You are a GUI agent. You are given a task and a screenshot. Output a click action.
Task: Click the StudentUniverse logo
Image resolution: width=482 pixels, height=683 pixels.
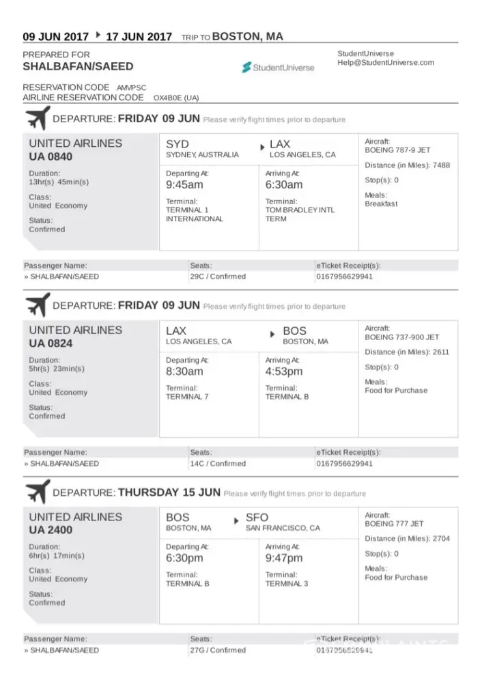pyautogui.click(x=278, y=67)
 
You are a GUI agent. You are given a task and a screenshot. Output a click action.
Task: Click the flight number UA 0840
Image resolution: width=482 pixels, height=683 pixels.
pyautogui.click(x=51, y=156)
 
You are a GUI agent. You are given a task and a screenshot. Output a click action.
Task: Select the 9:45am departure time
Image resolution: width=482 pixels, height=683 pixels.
pyautogui.click(x=184, y=185)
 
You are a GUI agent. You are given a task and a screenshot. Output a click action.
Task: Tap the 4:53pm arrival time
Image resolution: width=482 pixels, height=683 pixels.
pyautogui.click(x=284, y=372)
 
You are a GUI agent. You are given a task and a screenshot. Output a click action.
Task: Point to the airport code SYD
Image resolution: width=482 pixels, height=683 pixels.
pyautogui.click(x=178, y=144)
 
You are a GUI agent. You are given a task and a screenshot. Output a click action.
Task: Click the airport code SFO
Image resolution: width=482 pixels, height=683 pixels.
pyautogui.click(x=257, y=518)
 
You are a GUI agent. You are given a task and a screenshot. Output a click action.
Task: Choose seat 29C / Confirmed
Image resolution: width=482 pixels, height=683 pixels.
pyautogui.click(x=218, y=277)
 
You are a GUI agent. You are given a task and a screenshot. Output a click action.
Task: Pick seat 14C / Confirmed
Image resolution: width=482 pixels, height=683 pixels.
pyautogui.click(x=218, y=463)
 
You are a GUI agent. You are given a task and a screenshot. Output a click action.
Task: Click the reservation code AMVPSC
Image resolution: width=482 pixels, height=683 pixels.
pyautogui.click(x=131, y=88)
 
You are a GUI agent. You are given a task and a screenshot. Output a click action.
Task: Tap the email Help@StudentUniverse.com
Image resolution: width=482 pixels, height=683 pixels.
pyautogui.click(x=386, y=63)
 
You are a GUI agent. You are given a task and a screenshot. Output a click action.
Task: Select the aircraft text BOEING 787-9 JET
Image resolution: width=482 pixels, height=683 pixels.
pyautogui.click(x=397, y=150)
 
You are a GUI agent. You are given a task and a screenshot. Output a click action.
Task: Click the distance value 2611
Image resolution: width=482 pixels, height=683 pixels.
pyautogui.click(x=441, y=352)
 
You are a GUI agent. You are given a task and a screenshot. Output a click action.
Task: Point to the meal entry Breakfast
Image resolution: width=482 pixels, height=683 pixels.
pyautogui.click(x=381, y=204)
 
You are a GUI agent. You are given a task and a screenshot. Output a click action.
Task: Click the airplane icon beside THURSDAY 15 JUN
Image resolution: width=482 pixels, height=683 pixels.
pyautogui.click(x=38, y=492)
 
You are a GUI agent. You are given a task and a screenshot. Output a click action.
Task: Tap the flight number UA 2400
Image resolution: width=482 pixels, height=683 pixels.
pyautogui.click(x=51, y=530)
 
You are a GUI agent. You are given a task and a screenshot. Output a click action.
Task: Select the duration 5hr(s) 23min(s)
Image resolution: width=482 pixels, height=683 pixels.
pyautogui.click(x=57, y=369)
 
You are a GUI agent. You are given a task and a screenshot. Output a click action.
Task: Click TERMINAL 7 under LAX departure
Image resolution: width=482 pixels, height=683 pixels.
pyautogui.click(x=188, y=397)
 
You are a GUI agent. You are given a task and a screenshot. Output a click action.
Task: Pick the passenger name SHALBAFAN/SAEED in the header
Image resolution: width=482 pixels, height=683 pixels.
pyautogui.click(x=78, y=67)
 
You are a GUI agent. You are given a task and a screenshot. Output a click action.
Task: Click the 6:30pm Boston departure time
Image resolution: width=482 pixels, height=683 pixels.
pyautogui.click(x=184, y=558)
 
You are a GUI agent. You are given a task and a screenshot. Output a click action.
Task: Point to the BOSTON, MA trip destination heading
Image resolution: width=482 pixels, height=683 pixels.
pyautogui.click(x=247, y=36)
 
